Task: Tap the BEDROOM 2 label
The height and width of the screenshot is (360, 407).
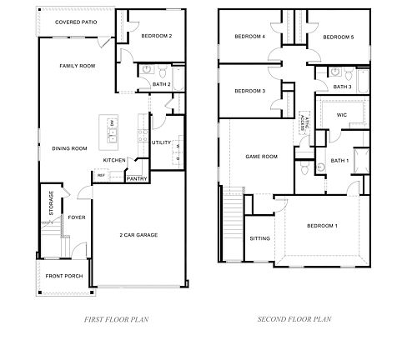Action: tap(156, 37)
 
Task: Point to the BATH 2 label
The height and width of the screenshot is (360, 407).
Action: tap(162, 84)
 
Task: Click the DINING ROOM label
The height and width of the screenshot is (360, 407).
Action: tap(69, 148)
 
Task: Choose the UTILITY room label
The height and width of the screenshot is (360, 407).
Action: tap(161, 142)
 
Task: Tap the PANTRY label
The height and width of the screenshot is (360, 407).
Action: tap(137, 177)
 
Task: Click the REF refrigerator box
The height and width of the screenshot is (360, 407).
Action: tap(101, 176)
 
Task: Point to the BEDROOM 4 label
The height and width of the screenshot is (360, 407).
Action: tap(249, 37)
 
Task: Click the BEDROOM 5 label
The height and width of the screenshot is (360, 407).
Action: tap(338, 37)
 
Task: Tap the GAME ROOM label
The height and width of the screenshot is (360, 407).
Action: tap(260, 156)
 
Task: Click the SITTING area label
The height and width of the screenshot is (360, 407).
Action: tap(259, 238)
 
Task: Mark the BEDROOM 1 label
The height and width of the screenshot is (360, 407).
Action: tap(322, 227)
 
